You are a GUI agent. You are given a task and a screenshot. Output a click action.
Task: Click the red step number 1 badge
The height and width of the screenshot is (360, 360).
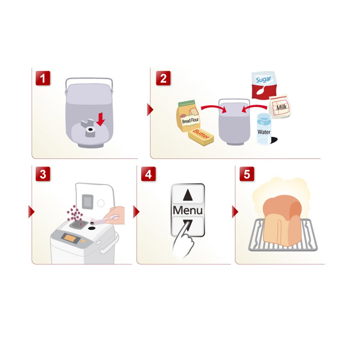coord(43,78)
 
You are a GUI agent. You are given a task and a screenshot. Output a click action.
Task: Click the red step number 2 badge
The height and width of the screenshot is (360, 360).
coord(163,78)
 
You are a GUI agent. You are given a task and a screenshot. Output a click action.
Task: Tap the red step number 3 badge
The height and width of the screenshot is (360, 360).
coord(43,174)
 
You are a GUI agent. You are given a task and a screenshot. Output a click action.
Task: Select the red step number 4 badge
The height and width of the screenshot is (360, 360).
coord(148,174)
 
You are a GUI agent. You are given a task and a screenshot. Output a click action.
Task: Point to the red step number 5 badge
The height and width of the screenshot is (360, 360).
coord(247,174)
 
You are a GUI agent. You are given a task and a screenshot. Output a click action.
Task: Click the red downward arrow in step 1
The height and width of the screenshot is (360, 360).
coord(100,119)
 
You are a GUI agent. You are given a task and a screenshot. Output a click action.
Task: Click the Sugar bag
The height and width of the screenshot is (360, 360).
coord(263,85)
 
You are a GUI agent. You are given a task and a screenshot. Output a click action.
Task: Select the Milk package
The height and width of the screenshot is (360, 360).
coord(280,106)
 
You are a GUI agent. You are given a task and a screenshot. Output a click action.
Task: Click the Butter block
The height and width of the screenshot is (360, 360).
coord(201,137)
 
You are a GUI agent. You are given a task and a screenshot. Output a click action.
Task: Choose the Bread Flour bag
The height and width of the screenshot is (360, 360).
coord(188,115)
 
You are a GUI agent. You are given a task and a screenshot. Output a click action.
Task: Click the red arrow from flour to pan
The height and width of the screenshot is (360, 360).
coord(213,108)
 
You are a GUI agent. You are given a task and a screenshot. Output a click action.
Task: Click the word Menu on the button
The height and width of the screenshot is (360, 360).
coord(187,210)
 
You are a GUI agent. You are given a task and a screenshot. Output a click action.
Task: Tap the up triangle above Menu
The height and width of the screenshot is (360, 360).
coord(188,195)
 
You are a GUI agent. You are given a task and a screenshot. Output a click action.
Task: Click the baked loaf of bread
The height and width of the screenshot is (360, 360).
coord(282,221)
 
